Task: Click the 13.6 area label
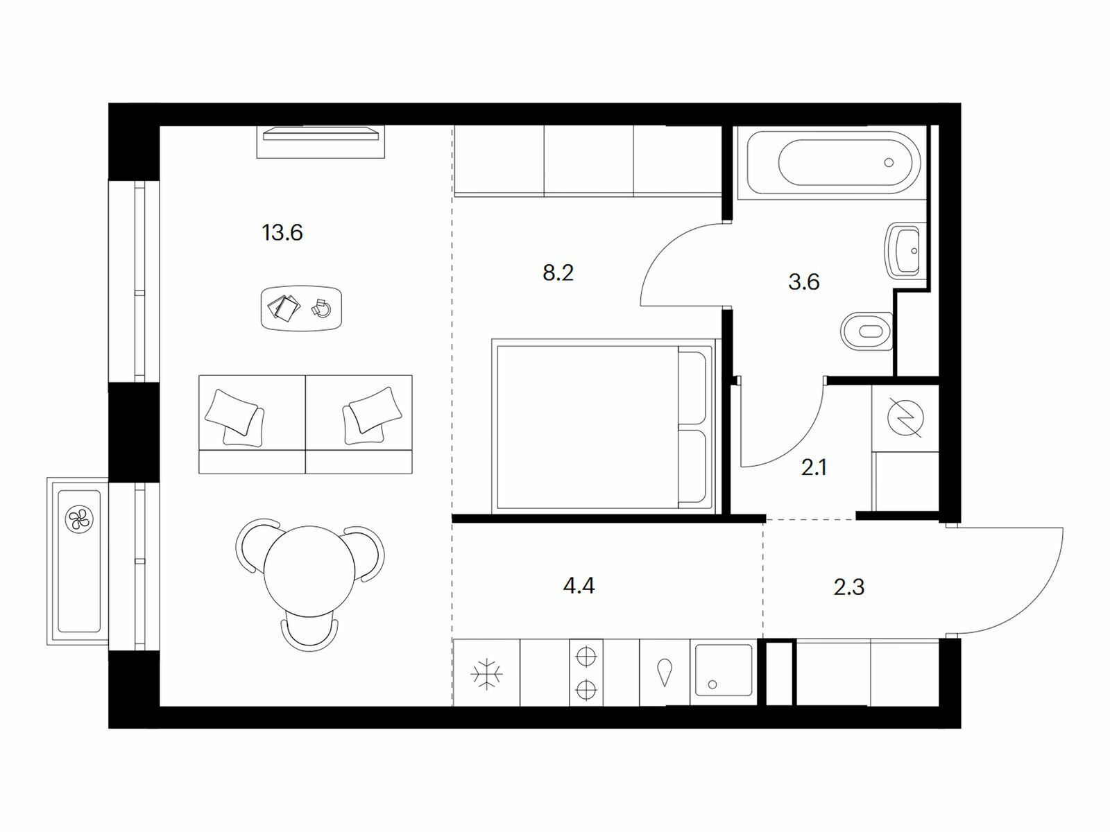coord(282,233)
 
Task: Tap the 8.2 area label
coord(558,273)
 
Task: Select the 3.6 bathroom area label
coord(803,282)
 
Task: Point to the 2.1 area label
coord(814,468)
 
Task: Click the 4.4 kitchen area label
coord(579,586)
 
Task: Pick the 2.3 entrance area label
coord(849,587)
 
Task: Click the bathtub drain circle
coord(889,163)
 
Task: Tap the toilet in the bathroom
coord(866,331)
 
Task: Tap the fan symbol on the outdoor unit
coord(79,519)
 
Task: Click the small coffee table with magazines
coord(302,308)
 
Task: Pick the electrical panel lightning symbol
coord(905,418)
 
